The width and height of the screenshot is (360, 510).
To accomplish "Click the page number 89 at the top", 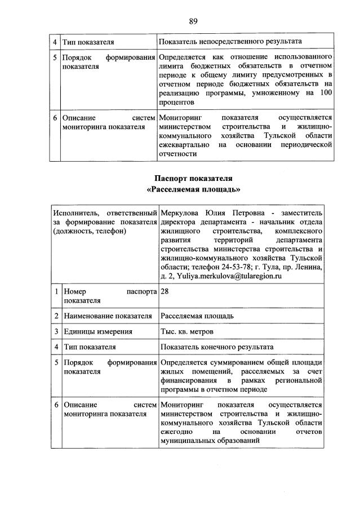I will coord(193,21).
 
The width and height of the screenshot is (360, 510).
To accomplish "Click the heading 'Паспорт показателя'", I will coord(193,179).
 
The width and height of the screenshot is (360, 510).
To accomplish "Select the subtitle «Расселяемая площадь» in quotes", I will coord(193,189).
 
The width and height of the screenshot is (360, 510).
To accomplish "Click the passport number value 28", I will coord(165,292).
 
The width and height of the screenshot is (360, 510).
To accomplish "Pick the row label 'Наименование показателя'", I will coord(108,315).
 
